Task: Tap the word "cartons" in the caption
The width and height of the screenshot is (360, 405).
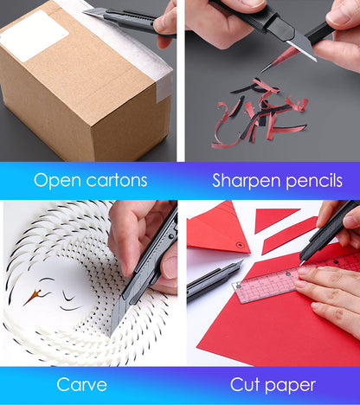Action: tap(117, 181)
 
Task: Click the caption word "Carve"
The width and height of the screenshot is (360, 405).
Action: tap(82, 384)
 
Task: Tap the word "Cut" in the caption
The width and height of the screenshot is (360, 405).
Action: tap(245, 384)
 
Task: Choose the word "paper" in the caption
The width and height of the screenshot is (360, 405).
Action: tap(290, 386)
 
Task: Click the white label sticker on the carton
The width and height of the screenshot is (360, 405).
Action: tap(34, 35)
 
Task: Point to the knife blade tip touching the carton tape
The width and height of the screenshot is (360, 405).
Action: tap(84, 12)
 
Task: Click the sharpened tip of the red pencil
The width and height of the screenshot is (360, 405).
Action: tap(262, 71)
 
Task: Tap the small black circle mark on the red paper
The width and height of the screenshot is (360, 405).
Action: tap(240, 245)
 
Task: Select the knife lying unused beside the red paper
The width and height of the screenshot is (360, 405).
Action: tap(214, 280)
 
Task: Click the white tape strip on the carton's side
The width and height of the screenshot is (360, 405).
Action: tap(164, 88)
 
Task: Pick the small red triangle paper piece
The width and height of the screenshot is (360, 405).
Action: tap(273, 219)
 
